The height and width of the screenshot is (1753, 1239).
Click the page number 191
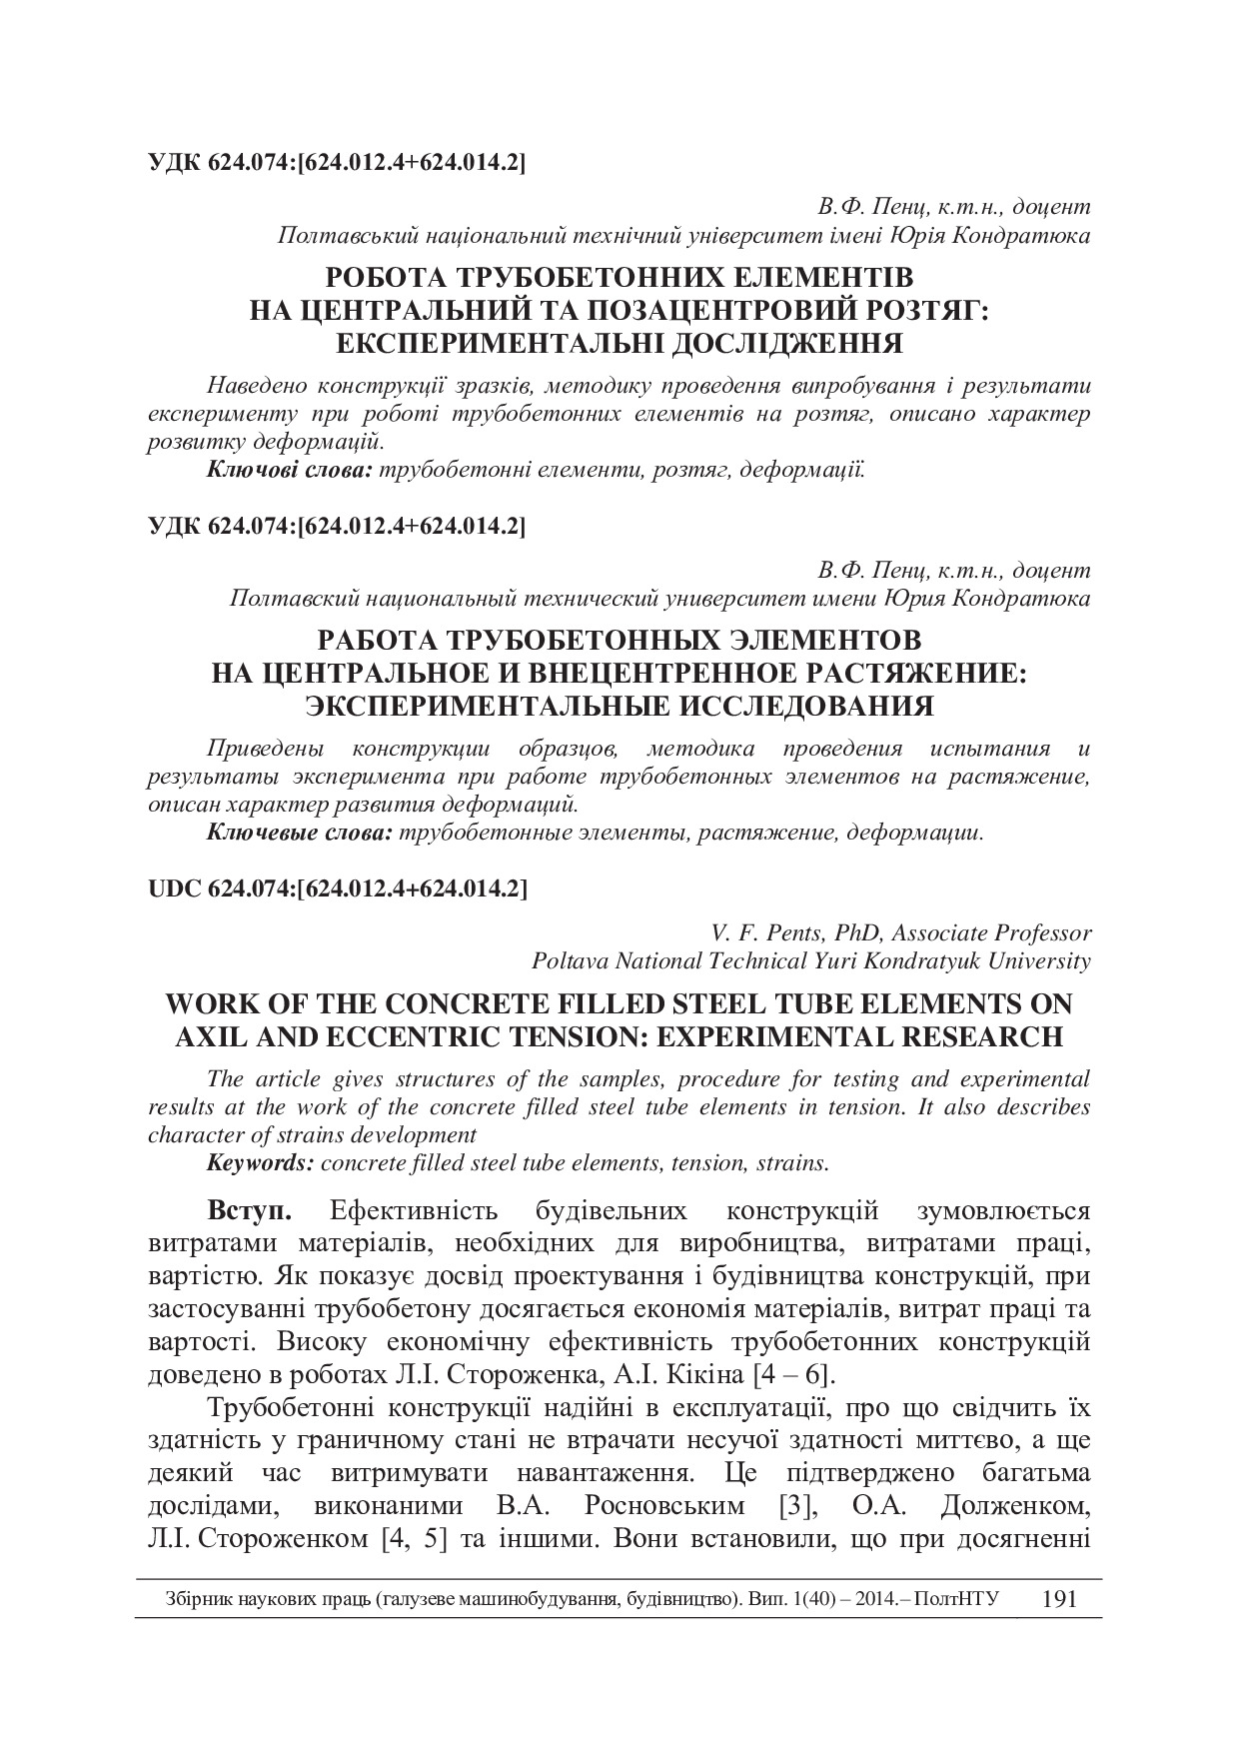tap(1058, 1598)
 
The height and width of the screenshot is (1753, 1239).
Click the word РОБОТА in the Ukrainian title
tap(386, 276)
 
